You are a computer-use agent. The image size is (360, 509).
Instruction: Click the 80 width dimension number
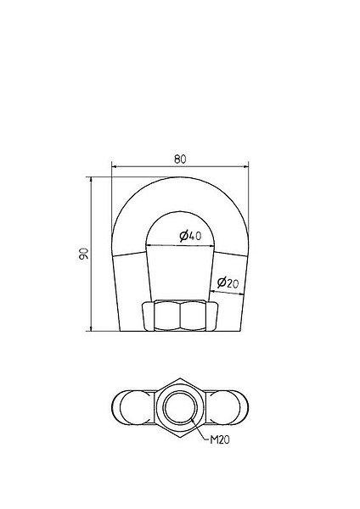pos(180,159)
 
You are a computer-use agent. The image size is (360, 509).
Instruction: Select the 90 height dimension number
pos(83,254)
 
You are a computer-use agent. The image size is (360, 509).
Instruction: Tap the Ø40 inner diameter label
pos(190,236)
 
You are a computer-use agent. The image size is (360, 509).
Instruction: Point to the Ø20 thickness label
pos(228,282)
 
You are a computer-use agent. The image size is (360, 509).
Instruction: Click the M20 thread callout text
pos(220,439)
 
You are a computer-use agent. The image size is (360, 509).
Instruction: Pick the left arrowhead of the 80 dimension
pos(114,167)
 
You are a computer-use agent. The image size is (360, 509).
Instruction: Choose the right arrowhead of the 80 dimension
pos(246,167)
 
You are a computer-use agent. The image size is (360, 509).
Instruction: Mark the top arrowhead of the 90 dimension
pos(91,180)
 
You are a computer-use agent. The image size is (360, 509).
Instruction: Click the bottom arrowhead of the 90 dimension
pos(91,328)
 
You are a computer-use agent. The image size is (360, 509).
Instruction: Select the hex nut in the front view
pos(180,316)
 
